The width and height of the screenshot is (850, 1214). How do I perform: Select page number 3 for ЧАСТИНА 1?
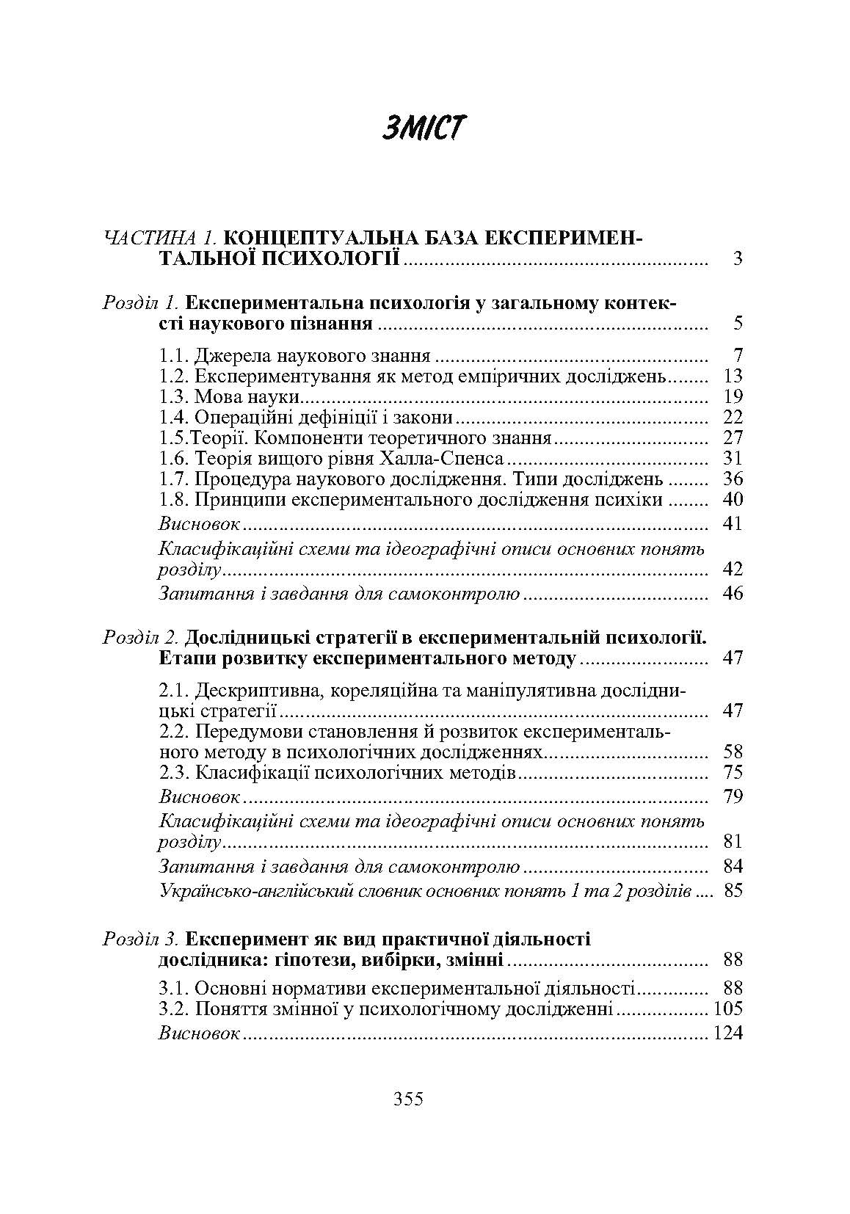click(737, 258)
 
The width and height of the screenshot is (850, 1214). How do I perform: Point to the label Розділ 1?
click(140, 302)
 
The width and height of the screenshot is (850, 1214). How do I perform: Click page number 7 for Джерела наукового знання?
click(738, 356)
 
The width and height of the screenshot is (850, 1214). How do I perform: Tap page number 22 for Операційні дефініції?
click(733, 418)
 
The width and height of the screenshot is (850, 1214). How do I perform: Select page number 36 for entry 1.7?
click(733, 479)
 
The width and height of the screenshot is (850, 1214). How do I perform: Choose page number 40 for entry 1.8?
click(733, 500)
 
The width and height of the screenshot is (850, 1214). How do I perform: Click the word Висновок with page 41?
click(199, 523)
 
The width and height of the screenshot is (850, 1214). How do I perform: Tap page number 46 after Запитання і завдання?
click(733, 593)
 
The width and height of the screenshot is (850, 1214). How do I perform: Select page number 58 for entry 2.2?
click(733, 752)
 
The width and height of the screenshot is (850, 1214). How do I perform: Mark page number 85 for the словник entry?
click(733, 891)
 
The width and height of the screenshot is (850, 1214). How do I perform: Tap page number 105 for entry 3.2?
click(727, 1008)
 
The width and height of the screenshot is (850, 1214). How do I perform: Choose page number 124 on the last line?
click(727, 1033)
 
